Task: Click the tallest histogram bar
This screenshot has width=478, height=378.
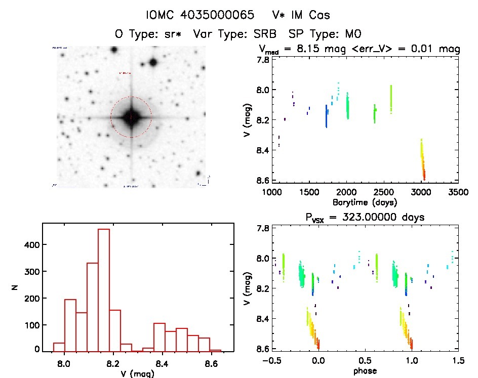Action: [103, 289]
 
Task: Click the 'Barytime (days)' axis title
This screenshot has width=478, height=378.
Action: [365, 202]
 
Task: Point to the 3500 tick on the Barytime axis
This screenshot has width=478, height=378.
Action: [458, 193]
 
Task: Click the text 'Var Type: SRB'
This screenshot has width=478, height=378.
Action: [236, 34]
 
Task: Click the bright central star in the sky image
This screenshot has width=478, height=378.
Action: [131, 117]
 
